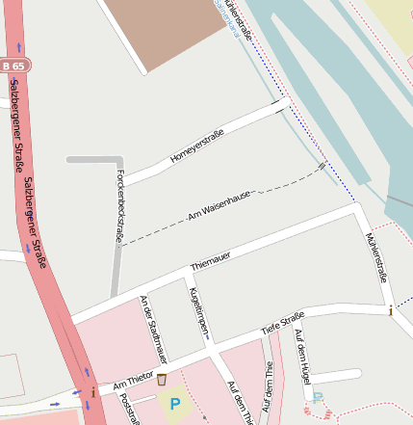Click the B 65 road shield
click(15, 65)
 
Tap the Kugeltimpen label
click(198, 311)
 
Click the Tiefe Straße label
click(282, 323)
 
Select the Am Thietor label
click(133, 385)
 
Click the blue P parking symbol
click(174, 404)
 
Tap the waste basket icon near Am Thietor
click(162, 380)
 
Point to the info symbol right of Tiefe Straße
click(390, 310)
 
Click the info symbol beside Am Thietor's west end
click(92, 393)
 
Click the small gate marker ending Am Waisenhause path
click(323, 166)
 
